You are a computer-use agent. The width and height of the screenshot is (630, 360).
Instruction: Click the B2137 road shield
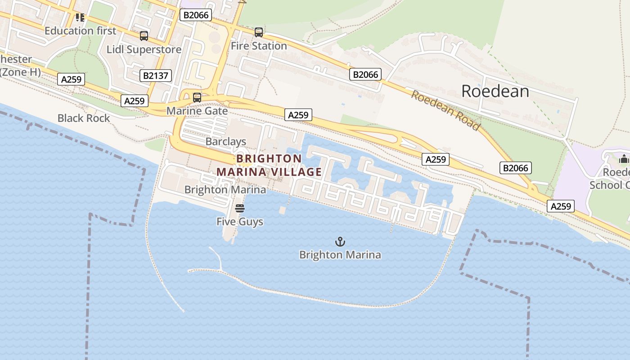(156, 75)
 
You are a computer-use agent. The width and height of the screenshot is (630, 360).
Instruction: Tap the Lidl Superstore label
(144, 49)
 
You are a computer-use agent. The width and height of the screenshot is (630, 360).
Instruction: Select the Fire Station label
(259, 46)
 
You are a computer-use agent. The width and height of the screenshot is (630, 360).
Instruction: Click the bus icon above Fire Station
(258, 32)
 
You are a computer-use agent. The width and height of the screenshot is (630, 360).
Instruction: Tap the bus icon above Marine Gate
(197, 97)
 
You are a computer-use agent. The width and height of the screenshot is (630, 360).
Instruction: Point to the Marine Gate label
(197, 111)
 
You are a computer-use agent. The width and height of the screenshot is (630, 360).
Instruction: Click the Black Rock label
(84, 118)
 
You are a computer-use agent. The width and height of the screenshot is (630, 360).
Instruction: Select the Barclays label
(226, 142)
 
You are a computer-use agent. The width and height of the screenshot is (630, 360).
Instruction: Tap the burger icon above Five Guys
(240, 208)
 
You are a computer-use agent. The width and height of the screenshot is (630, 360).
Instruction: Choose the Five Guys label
(240, 222)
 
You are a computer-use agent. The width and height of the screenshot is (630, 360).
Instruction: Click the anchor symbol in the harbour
(340, 242)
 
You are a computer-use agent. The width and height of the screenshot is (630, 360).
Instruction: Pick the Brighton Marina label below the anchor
(340, 255)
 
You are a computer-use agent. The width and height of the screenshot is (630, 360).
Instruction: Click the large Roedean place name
(495, 91)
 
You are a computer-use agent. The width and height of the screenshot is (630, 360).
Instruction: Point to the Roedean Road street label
(445, 110)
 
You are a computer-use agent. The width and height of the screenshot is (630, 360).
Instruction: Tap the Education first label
(80, 31)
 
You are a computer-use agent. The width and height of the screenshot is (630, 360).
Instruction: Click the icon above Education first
(80, 18)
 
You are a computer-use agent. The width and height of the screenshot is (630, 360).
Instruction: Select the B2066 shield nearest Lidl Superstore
(196, 15)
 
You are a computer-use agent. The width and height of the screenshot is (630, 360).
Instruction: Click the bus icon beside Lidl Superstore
(144, 36)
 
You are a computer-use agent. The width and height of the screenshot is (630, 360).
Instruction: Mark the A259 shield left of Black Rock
(71, 80)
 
